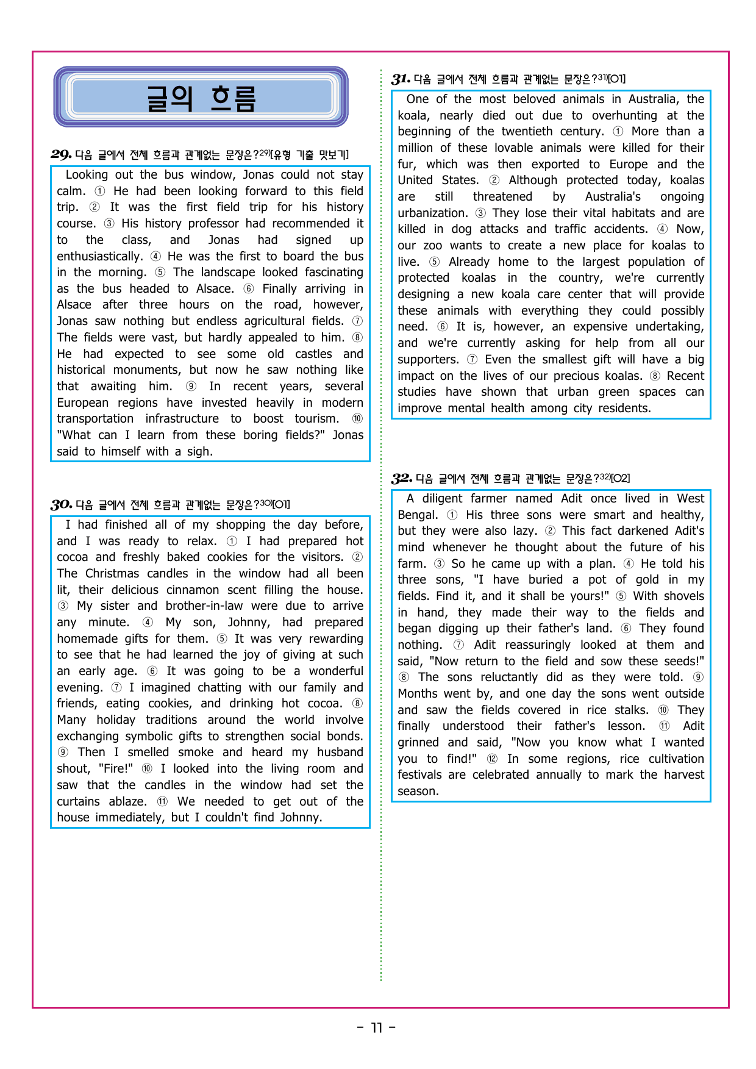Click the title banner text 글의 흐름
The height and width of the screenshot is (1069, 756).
(x=201, y=98)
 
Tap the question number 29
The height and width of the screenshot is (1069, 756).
(x=61, y=154)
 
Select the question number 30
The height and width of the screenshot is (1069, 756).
(x=62, y=504)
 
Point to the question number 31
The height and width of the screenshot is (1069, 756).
(x=401, y=79)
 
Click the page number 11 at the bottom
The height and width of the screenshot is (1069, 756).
(x=377, y=1028)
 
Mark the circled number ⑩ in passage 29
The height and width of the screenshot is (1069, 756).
(x=357, y=418)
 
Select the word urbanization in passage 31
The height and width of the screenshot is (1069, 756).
(x=432, y=213)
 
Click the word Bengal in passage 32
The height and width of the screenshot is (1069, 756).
(x=417, y=515)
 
